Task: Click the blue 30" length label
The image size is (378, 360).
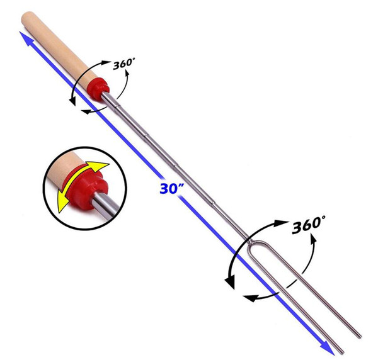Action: (171, 188)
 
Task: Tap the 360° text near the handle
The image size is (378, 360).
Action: (123, 64)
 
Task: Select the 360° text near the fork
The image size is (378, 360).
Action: (309, 225)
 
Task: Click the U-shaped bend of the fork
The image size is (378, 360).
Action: (257, 243)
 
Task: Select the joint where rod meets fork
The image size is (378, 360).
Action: (249, 240)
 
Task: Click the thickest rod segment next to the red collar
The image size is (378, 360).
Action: (110, 100)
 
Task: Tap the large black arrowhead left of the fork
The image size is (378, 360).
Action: (230, 282)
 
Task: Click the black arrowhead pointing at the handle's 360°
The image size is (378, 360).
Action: (105, 63)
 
